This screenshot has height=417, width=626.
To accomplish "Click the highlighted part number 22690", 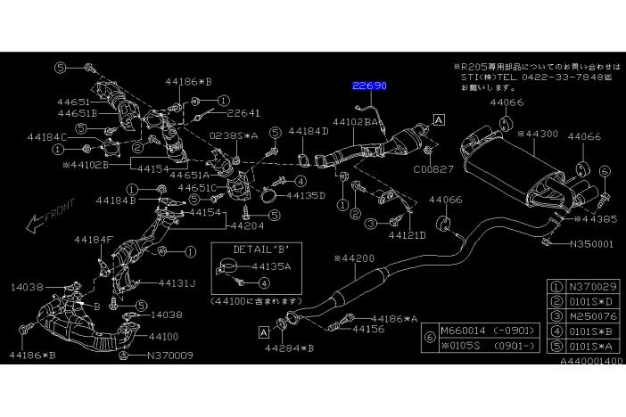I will tap(368, 86).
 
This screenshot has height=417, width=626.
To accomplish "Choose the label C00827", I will tap(433, 167).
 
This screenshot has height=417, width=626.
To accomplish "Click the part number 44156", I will tap(368, 329).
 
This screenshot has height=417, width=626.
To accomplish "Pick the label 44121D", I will tap(407, 235).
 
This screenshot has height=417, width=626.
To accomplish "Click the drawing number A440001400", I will tap(592, 363).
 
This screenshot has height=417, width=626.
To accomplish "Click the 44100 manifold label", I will tap(164, 338).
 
